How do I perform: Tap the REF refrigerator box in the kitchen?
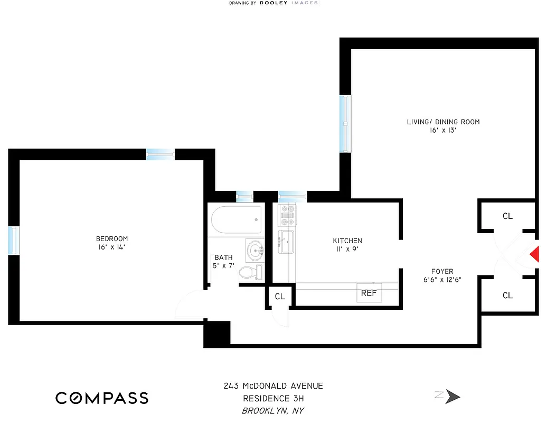point(369,293)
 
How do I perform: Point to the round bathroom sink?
point(256,250)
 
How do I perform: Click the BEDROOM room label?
point(111,238)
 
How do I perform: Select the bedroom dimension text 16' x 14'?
point(111,247)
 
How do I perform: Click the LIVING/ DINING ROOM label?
point(443,122)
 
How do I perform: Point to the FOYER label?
point(442,271)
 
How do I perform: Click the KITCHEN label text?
point(347,241)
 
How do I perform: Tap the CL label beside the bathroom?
point(279,297)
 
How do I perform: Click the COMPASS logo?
point(102,398)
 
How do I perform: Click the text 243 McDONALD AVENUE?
point(273,386)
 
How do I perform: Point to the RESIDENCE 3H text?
point(273,399)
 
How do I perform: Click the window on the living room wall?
point(345,124)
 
